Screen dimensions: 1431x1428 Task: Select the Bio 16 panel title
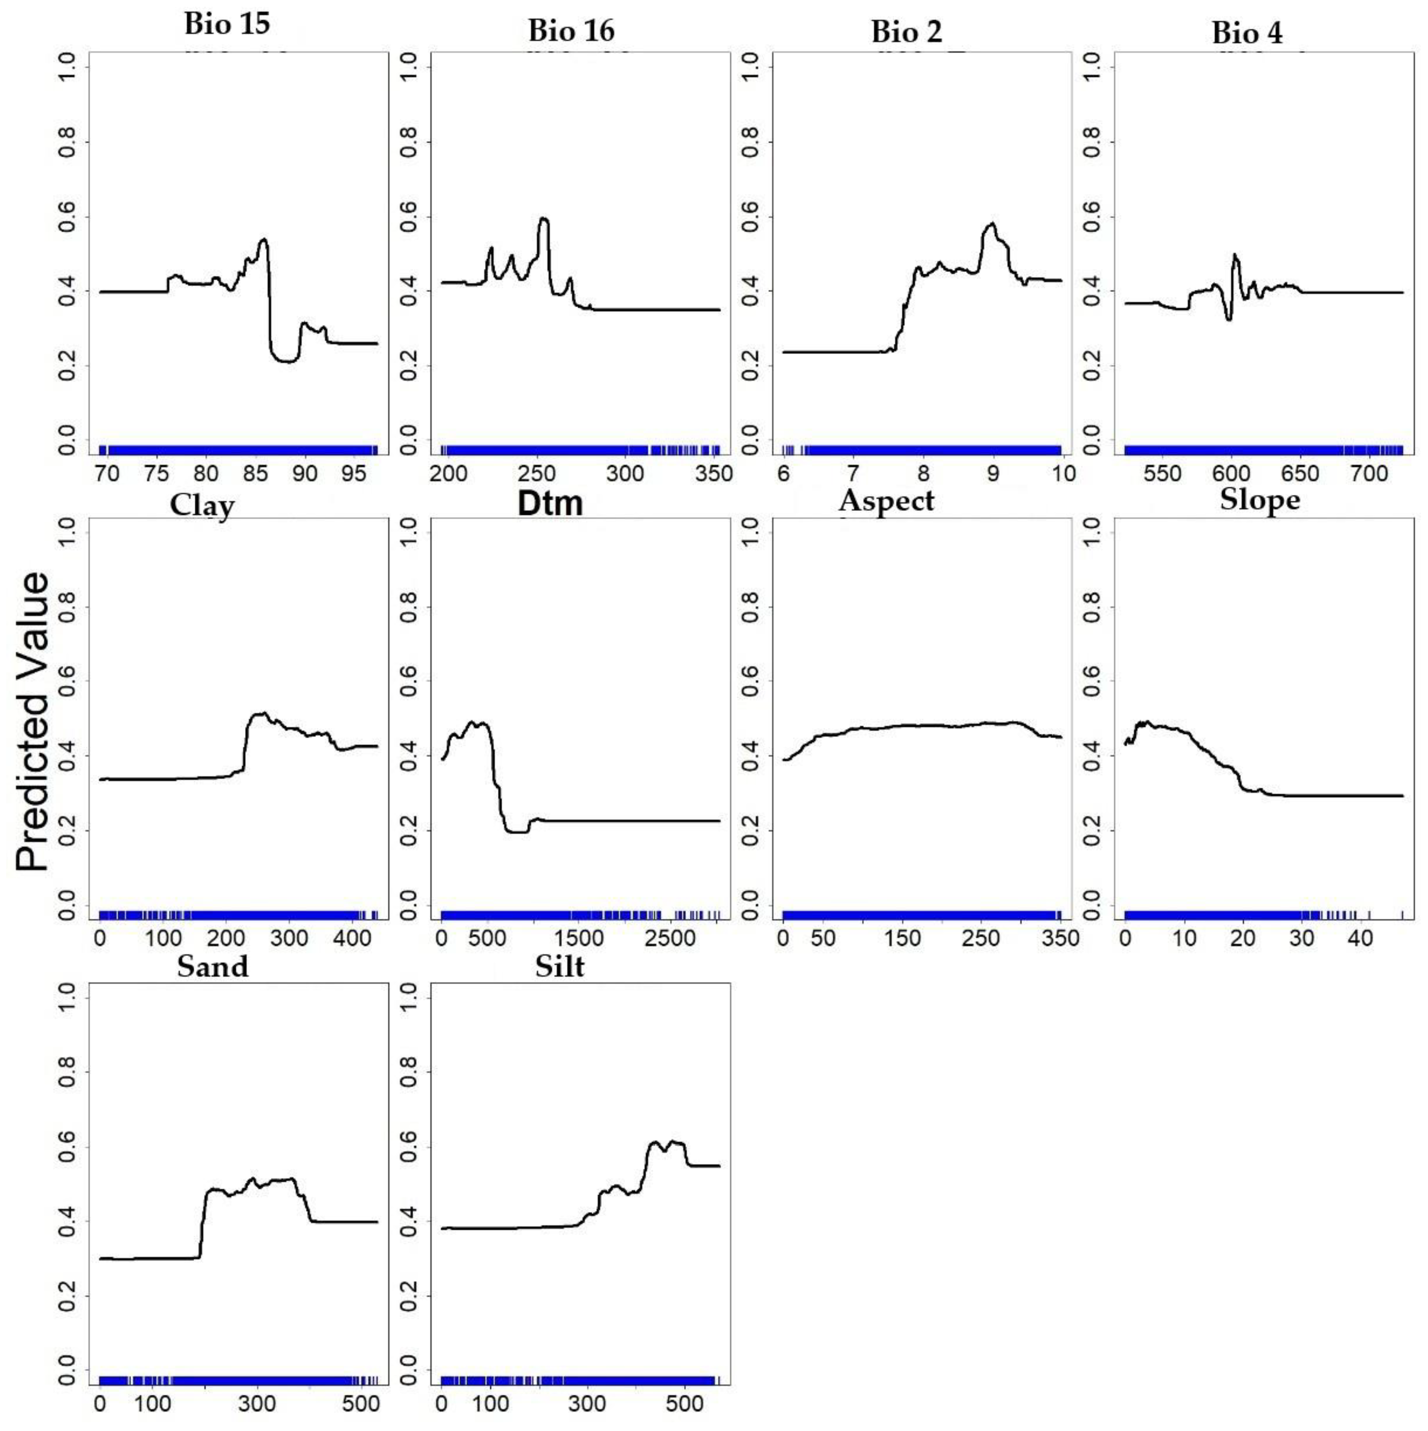(571, 31)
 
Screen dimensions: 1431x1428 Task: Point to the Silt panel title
(560, 967)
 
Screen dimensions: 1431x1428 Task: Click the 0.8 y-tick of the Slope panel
(1091, 608)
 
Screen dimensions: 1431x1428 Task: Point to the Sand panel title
(213, 967)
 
